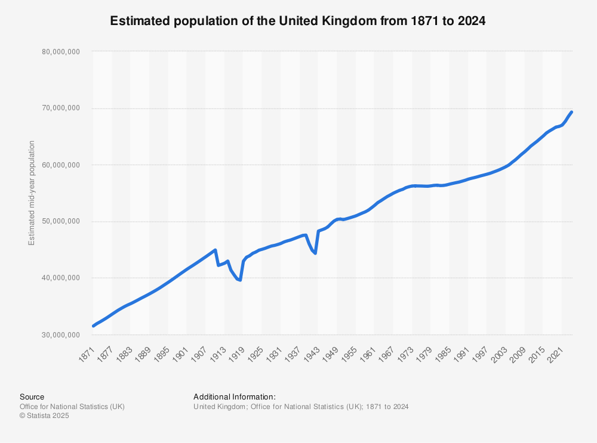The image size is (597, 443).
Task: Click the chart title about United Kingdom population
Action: click(x=298, y=21)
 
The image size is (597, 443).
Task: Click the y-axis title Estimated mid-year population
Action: click(x=32, y=193)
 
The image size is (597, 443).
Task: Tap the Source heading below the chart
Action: click(x=32, y=396)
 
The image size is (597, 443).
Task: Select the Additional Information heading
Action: click(x=235, y=396)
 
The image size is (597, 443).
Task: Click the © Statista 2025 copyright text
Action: click(x=44, y=416)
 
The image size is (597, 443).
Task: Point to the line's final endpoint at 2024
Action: click(x=572, y=112)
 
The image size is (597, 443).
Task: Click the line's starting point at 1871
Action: click(x=93, y=326)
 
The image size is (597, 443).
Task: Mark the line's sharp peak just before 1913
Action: click(x=215, y=250)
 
